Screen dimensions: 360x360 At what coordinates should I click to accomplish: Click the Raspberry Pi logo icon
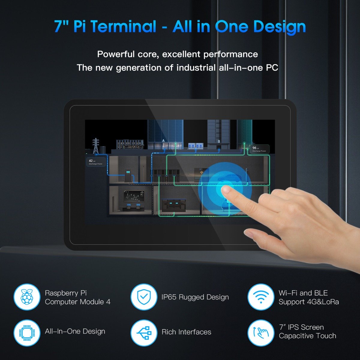tap(27, 297)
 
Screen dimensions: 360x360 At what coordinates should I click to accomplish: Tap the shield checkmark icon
tap(144, 297)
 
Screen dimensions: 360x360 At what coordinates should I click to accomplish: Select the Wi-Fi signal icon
tap(260, 297)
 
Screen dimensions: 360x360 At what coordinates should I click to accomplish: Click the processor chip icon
tap(27, 332)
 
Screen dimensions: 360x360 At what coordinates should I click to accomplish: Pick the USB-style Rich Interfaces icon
tap(144, 332)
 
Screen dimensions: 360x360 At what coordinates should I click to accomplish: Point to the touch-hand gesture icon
tap(260, 332)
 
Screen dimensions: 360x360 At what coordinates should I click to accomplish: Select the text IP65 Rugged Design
tap(195, 297)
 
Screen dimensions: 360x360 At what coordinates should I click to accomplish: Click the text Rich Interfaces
tap(186, 332)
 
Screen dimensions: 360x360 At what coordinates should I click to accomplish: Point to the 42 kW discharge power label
tap(95, 162)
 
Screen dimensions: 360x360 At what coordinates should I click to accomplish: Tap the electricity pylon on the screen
tap(96, 146)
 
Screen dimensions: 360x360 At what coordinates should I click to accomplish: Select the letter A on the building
tap(163, 140)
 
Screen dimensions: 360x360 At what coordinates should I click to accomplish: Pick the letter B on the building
tap(219, 141)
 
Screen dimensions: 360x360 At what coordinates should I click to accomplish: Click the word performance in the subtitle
tap(230, 54)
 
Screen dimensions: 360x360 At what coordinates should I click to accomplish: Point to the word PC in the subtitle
tap(272, 67)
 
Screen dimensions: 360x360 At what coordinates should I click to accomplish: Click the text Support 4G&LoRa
tap(309, 302)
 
